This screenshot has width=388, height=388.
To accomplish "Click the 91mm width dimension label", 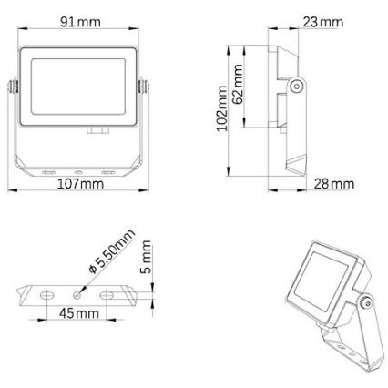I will [81, 22].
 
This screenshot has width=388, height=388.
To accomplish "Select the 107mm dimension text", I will [79, 184].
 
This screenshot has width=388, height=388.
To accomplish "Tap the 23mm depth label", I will [324, 20].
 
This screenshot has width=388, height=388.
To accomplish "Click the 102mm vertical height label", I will [221, 108].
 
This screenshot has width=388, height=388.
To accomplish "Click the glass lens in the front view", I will [79, 88].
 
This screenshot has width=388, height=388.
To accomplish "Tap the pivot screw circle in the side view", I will [298, 87].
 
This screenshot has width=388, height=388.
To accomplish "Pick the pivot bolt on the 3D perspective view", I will [364, 302].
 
